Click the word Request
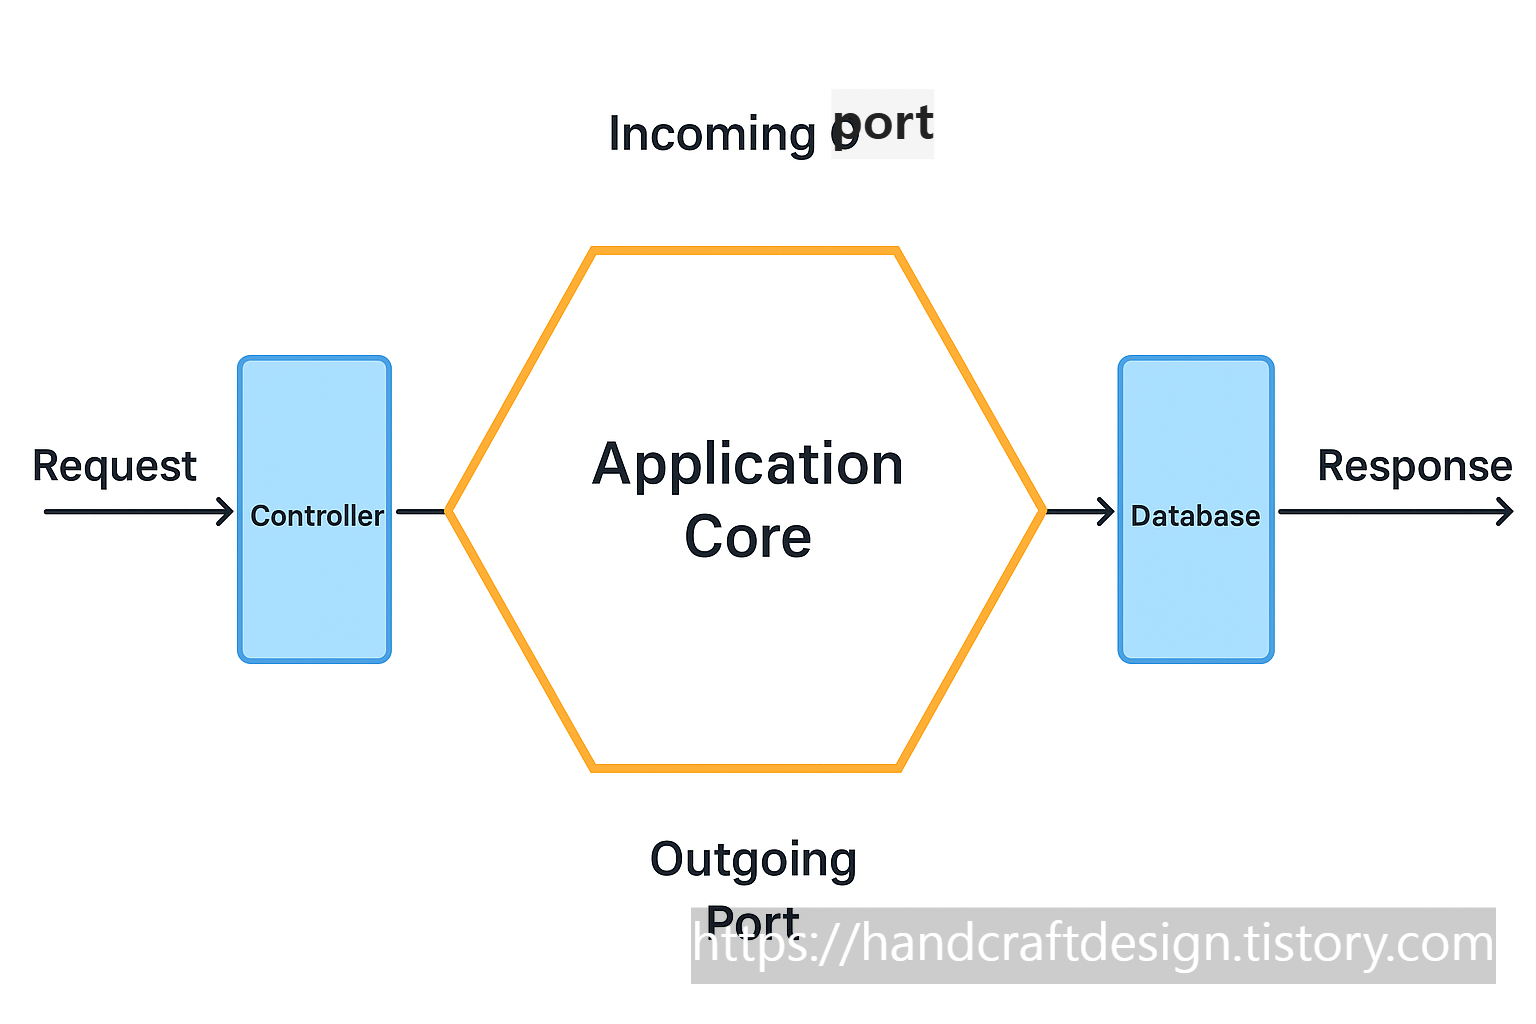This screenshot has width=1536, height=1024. pos(114,467)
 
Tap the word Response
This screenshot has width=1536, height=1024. pos(1414,467)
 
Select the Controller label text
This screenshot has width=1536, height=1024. pos(316,516)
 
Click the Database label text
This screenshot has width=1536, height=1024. pos(1195,516)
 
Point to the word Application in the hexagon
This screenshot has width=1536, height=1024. pos(747,465)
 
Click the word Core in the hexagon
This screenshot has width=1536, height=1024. pos(747,537)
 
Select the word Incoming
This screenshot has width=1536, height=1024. pos(711,134)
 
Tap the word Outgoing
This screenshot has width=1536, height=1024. pos(753,860)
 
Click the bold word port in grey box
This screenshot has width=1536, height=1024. pos(884,123)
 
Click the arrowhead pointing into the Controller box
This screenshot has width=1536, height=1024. pos(226,512)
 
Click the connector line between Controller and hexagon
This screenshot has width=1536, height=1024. pos(420,512)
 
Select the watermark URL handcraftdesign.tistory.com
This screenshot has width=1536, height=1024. pos(1093,945)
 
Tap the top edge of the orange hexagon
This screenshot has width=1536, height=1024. pos(746,251)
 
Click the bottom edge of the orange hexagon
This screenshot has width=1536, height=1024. pos(746,767)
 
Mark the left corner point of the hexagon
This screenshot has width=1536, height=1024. pos(449,511)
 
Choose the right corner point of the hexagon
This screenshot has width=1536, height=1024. pos(1042,511)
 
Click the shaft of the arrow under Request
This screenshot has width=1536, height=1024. pos(130,512)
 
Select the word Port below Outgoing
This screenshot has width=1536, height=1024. pos(752,918)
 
